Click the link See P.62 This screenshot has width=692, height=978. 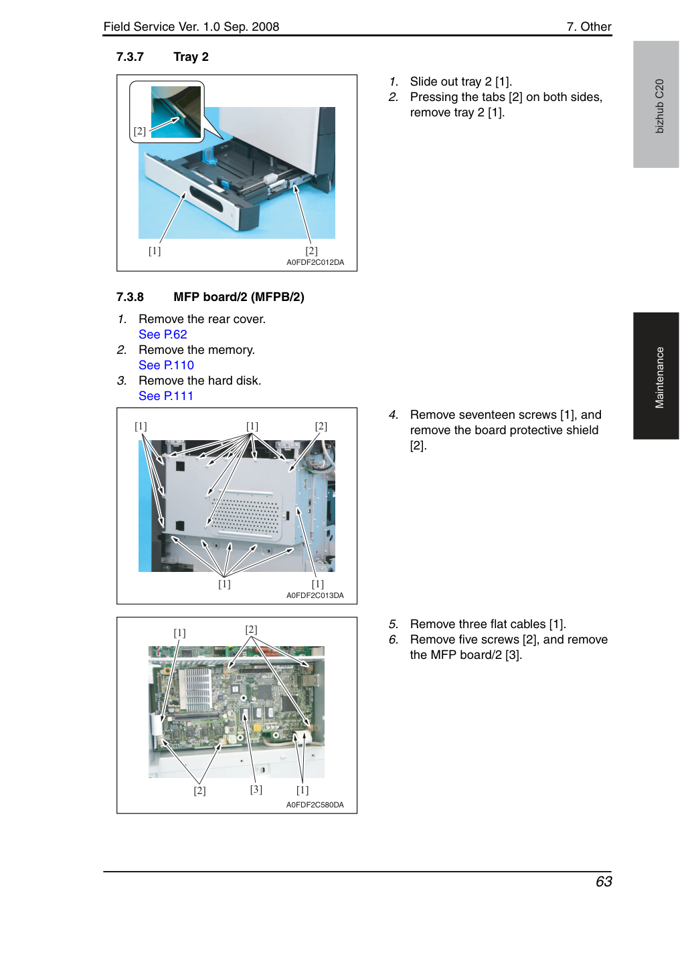tap(163, 334)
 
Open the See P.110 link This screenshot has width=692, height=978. tap(166, 365)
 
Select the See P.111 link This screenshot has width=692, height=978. tap(165, 396)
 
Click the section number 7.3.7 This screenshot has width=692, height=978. tap(130, 57)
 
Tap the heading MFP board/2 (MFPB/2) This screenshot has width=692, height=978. tap(238, 297)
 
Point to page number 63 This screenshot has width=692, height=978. tap(604, 882)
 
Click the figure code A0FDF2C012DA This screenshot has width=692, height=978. tap(315, 262)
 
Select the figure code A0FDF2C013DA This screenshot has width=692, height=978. tap(315, 595)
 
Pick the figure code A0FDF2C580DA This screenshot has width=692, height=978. tap(315, 805)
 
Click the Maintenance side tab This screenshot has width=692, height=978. tap(656, 376)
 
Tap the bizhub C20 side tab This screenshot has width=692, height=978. tap(656, 104)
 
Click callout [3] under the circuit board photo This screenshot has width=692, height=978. tap(256, 789)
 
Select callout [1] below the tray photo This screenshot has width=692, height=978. tap(155, 251)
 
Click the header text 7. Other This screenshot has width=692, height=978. tap(589, 27)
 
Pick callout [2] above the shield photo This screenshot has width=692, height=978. tap(321, 426)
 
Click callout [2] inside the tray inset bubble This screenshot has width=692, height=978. tap(140, 131)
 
